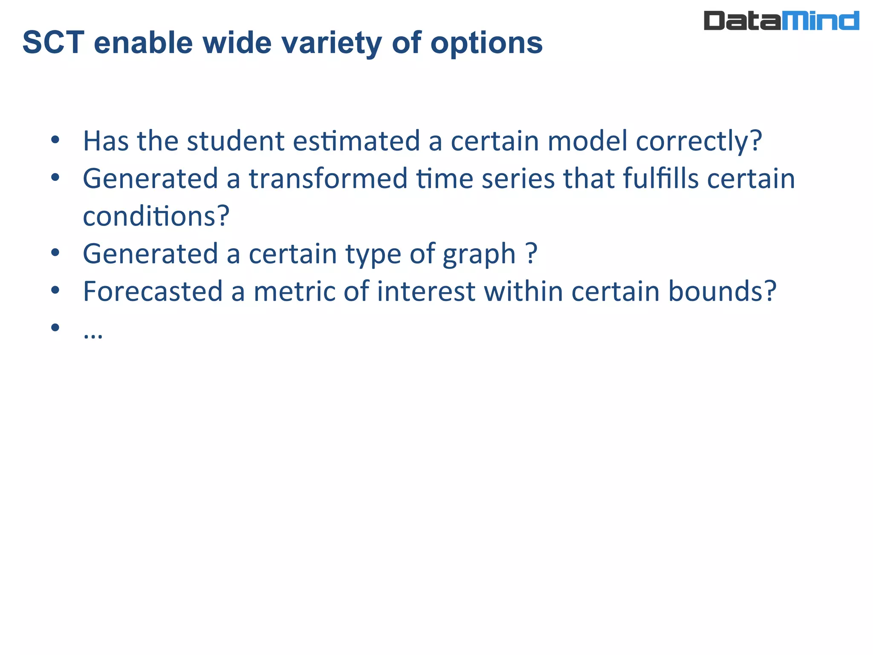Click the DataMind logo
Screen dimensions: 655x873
pos(781,21)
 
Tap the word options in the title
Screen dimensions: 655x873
pos(486,43)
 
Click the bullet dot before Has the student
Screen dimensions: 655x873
pos(55,140)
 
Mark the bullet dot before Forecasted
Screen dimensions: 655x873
pos(55,290)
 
